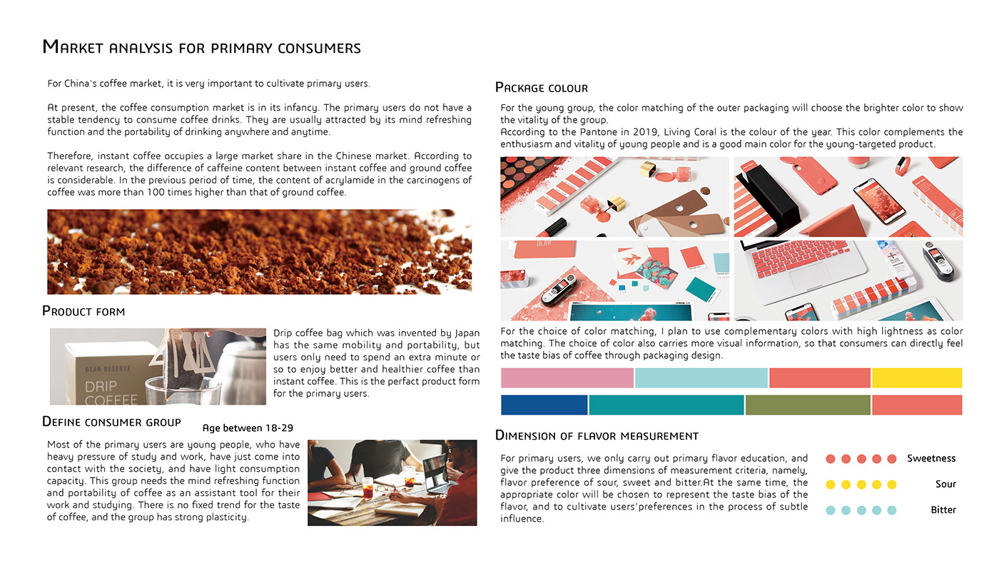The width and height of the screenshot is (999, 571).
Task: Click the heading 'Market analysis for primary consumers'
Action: (x=201, y=48)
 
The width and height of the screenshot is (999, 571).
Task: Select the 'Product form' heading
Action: (x=83, y=311)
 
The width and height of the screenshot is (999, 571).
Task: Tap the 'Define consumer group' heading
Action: (x=111, y=422)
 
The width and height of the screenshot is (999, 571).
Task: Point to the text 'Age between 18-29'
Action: (x=248, y=428)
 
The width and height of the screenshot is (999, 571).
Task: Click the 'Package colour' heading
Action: (x=542, y=88)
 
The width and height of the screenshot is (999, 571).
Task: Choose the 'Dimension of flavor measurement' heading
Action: (x=597, y=435)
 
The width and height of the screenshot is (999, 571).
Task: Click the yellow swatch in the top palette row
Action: (x=916, y=378)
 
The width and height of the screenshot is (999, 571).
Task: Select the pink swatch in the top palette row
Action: (x=567, y=378)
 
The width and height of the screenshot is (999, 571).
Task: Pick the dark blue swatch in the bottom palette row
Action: (x=544, y=405)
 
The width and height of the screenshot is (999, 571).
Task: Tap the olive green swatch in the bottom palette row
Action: (x=807, y=405)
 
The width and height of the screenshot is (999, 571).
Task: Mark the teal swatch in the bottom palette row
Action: (x=666, y=405)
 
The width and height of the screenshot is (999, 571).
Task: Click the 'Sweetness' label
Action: (x=930, y=458)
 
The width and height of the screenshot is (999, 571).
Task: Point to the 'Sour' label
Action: (x=945, y=484)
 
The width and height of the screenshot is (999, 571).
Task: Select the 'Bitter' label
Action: (x=943, y=510)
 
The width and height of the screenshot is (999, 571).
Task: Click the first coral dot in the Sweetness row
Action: (x=830, y=459)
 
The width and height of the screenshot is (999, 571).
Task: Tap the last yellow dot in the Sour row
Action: (x=891, y=485)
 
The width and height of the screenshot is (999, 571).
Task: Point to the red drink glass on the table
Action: (x=367, y=487)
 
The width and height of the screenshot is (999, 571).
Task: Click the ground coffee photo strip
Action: (x=259, y=251)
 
